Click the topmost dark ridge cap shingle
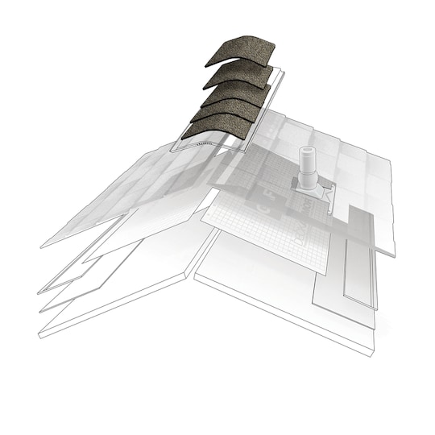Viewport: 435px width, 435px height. pos(240,51)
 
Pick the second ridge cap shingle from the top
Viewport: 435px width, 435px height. pos(236,72)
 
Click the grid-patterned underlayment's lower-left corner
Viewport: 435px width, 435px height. pos(203,217)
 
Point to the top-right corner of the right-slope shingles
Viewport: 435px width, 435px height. pos(390,159)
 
